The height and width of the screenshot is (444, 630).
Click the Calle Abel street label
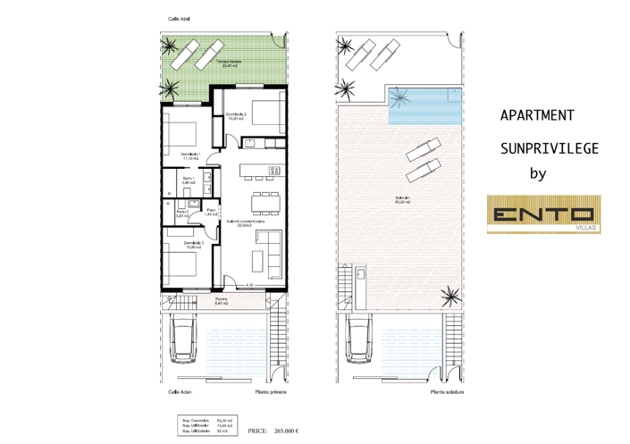(x=178, y=19)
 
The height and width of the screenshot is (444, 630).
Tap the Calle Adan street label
(x=179, y=391)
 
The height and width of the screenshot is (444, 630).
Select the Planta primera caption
(x=269, y=391)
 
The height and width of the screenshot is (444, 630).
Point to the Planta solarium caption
(x=446, y=391)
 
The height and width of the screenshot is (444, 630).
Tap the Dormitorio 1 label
(x=190, y=156)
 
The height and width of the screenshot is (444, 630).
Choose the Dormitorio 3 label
(x=194, y=244)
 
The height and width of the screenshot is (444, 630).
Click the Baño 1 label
(x=189, y=181)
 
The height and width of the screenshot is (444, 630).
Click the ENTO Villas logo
(x=543, y=214)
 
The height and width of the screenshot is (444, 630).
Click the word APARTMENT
(x=536, y=115)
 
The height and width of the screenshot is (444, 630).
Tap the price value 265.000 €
(x=286, y=431)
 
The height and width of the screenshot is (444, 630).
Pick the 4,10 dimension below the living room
(x=250, y=285)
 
